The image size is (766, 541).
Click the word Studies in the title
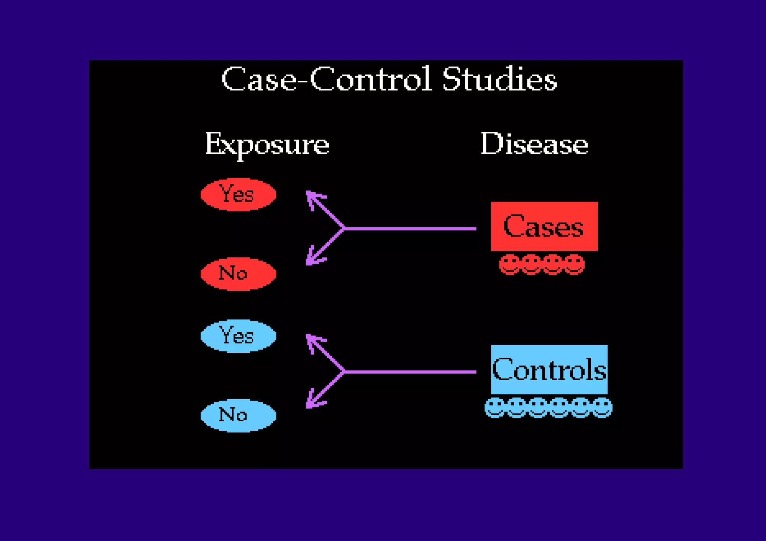500,79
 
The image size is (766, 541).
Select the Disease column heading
534,144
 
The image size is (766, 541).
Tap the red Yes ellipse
238,195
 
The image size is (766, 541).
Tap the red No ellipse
238,274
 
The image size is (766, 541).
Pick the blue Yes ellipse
238,336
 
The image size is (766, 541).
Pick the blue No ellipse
238,415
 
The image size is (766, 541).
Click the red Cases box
544,226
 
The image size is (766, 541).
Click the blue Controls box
549,369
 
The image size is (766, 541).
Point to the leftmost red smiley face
509,264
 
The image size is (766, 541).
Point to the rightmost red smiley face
574,264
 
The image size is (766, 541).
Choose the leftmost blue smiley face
495,407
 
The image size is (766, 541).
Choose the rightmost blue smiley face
602,407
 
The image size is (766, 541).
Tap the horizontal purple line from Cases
410,228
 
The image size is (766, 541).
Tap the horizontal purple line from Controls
410,372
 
